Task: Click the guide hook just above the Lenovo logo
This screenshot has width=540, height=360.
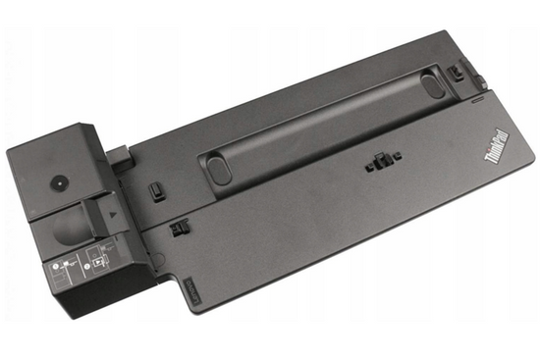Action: [178, 229]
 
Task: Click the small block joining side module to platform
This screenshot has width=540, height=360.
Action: [122, 154]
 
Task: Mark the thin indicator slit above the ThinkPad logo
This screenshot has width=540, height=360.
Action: [478, 100]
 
